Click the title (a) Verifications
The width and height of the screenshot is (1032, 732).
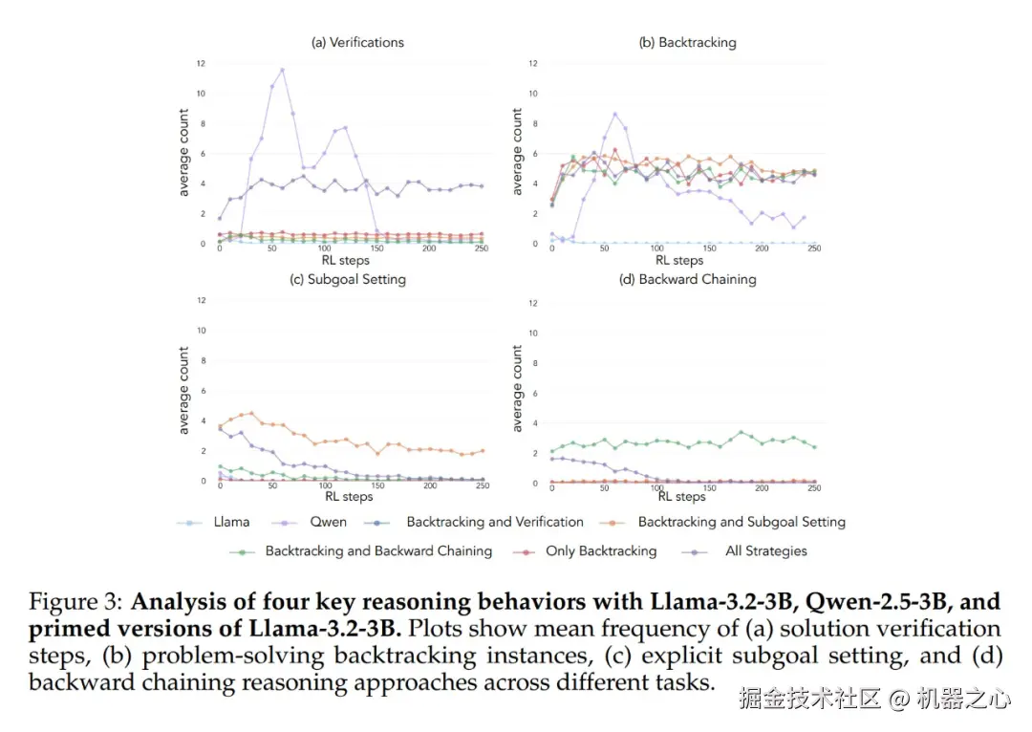coord(357,42)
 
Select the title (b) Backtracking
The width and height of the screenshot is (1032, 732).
coord(687,42)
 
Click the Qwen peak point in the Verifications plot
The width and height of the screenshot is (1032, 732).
coord(282,69)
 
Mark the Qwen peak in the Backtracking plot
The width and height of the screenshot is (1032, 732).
coord(615,114)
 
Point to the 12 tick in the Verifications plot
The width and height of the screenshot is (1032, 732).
coord(201,63)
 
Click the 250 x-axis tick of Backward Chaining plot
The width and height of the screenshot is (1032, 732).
coord(814,488)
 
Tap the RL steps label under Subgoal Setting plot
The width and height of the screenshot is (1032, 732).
coord(349,497)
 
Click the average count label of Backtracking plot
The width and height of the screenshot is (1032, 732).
coord(517,152)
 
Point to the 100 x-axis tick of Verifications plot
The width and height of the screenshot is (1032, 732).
coord(325,249)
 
